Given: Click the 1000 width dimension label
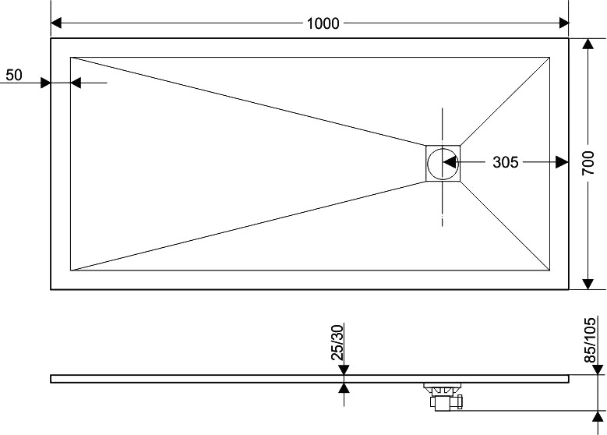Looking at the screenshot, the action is [323, 23].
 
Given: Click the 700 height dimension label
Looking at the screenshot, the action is [588, 163].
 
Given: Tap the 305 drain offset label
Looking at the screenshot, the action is [505, 162].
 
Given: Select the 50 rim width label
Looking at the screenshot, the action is [14, 75].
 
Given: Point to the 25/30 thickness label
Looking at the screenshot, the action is [337, 343].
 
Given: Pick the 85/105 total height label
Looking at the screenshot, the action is [590, 340].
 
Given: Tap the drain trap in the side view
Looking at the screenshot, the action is [445, 396].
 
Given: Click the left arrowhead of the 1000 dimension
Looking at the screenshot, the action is [56, 23].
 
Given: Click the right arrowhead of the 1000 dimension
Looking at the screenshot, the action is [563, 23].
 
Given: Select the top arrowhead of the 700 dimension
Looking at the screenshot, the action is [588, 44].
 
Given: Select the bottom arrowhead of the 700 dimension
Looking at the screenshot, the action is [588, 284].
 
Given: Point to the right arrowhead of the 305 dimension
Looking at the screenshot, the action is [563, 162].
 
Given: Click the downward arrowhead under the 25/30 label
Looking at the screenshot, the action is [344, 370].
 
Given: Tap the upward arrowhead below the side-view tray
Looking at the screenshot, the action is [344, 387].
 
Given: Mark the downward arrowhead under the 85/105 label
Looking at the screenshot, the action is [598, 370].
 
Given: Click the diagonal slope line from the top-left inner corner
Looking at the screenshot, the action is [248, 101].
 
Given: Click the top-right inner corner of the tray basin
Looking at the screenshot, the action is [549, 58].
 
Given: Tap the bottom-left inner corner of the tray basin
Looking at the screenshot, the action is [70, 270].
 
